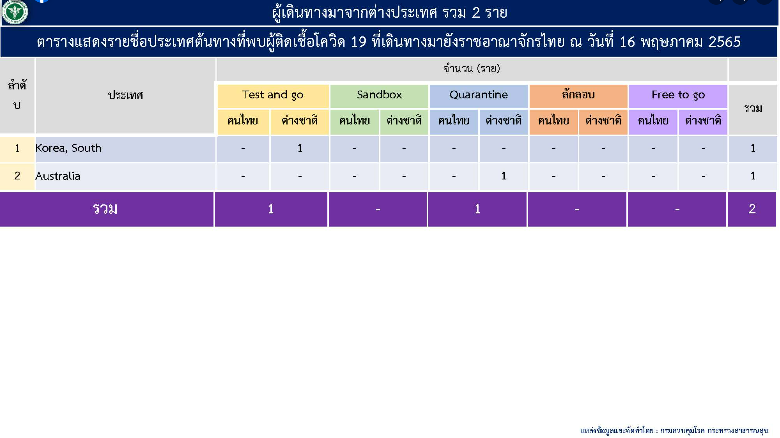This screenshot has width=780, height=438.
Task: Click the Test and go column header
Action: pyautogui.click(x=273, y=95)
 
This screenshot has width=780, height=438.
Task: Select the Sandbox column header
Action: pyautogui.click(x=379, y=95)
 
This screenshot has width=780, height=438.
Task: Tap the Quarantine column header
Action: pyautogui.click(x=479, y=95)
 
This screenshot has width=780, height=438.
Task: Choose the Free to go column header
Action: pyautogui.click(x=678, y=95)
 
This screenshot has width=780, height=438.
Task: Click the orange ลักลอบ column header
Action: pyautogui.click(x=578, y=95)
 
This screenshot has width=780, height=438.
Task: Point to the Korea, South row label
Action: pyautogui.click(x=68, y=148)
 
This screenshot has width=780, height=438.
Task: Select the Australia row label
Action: pyautogui.click(x=58, y=176)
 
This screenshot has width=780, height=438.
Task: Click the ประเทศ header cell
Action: pyautogui.click(x=126, y=95)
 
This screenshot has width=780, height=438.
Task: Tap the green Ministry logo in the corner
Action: pyautogui.click(x=15, y=12)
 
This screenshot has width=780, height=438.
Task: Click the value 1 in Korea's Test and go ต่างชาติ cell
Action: pyautogui.click(x=300, y=148)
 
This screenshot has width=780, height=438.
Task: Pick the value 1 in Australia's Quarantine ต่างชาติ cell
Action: pyautogui.click(x=503, y=176)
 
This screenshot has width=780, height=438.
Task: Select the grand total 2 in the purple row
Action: pyautogui.click(x=752, y=209)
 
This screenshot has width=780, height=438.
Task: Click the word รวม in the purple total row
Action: pyautogui.click(x=105, y=209)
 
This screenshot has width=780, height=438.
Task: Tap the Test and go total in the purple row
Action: pyautogui.click(x=271, y=209)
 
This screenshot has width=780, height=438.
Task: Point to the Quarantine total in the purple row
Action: pyautogui.click(x=477, y=209)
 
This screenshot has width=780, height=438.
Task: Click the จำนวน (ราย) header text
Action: pyautogui.click(x=472, y=68)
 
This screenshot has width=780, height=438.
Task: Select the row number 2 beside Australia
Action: pyautogui.click(x=17, y=176)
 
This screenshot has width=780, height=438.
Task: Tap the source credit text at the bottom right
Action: pyautogui.click(x=674, y=431)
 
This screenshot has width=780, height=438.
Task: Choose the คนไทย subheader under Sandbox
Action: pyautogui.click(x=354, y=121)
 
